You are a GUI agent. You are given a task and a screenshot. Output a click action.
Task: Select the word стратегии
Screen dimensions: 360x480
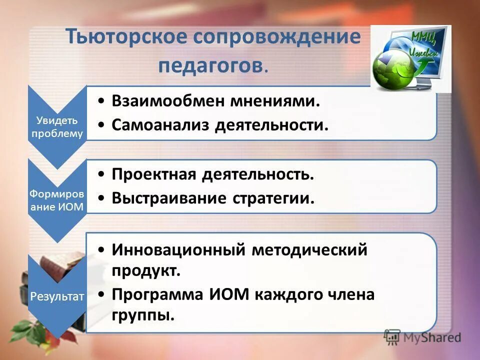[273, 198]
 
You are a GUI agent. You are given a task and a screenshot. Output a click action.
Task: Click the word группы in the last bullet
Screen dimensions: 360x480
[143, 315]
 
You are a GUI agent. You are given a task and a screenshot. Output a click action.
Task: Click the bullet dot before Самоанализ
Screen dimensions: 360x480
[101, 125]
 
